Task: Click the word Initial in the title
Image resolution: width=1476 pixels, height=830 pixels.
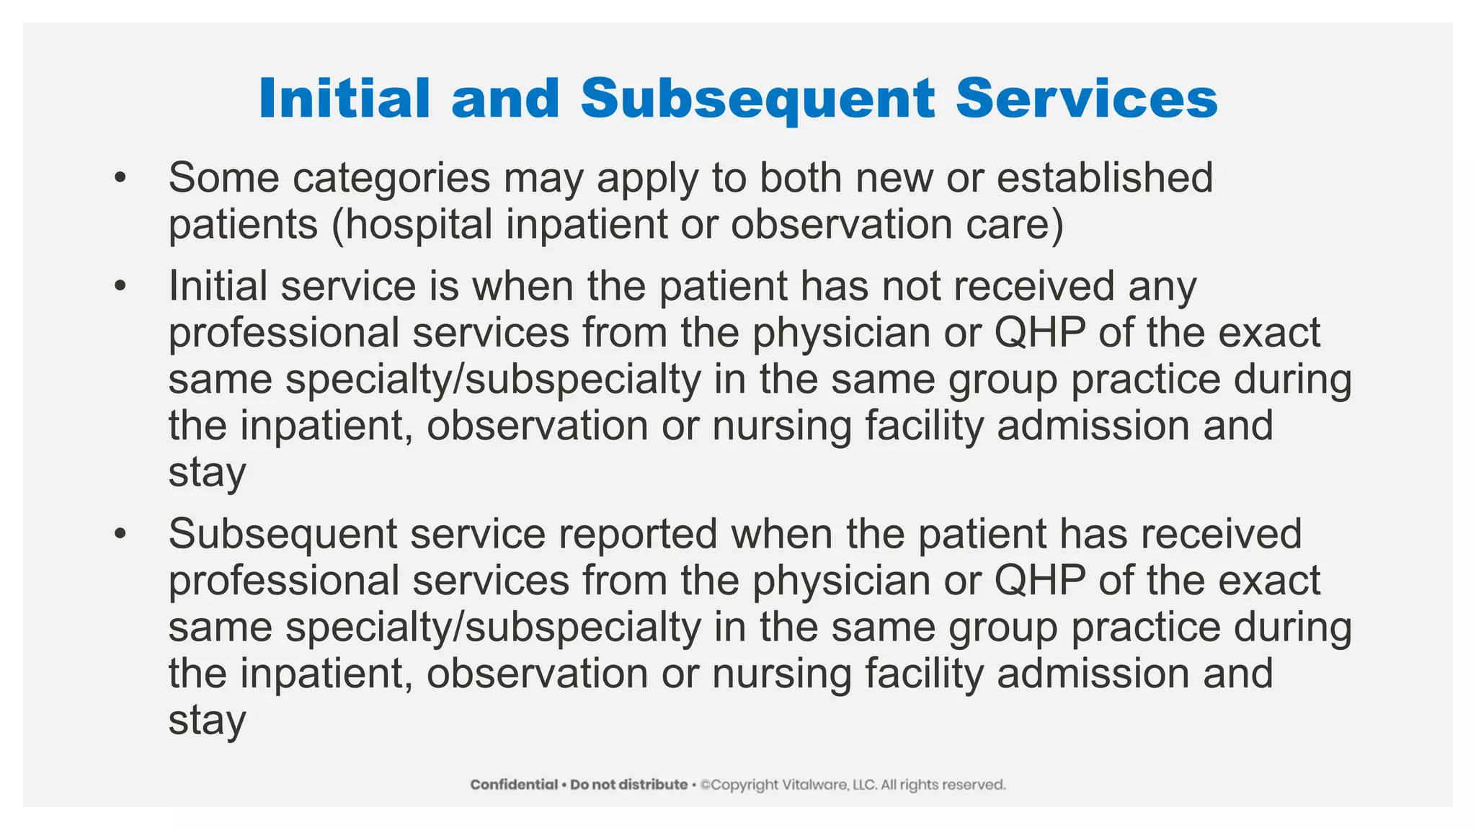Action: click(x=344, y=98)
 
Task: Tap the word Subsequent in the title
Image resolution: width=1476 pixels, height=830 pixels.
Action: click(x=758, y=99)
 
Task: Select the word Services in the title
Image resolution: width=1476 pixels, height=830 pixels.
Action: click(x=1087, y=98)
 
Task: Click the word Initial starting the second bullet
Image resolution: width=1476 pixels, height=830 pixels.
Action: click(x=220, y=286)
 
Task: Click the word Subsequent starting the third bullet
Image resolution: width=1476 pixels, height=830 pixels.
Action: click(x=283, y=535)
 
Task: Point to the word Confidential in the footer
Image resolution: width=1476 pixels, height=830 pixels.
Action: click(x=514, y=785)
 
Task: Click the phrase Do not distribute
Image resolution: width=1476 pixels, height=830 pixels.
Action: click(x=628, y=785)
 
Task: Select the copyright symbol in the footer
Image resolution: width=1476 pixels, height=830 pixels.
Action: click(x=706, y=785)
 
